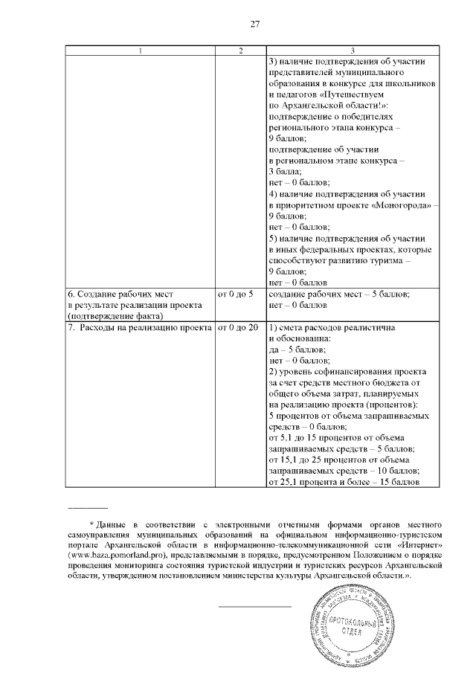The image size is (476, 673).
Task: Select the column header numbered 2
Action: coord(239,51)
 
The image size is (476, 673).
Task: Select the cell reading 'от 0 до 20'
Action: coord(237,328)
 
